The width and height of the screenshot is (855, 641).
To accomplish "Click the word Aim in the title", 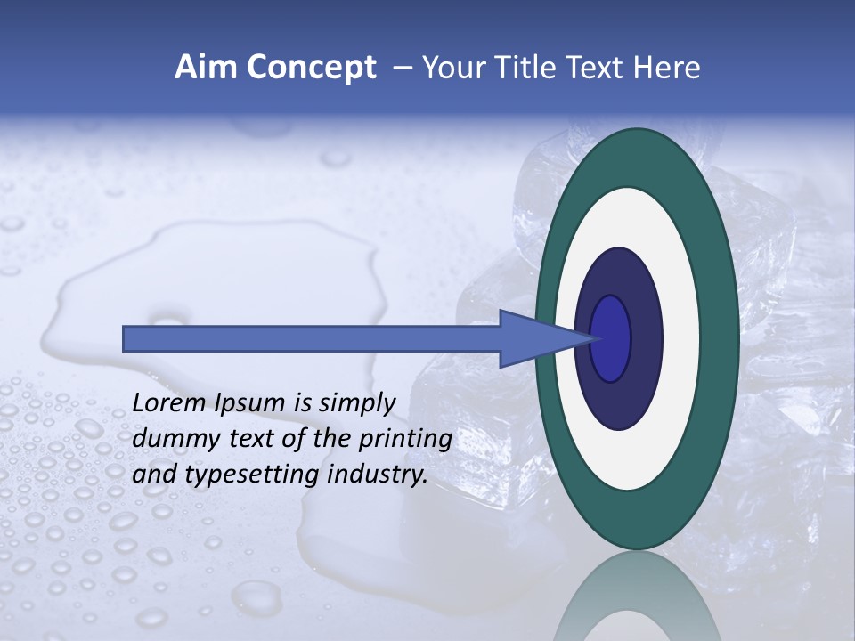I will (206, 68).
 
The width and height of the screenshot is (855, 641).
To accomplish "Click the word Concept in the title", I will (311, 69).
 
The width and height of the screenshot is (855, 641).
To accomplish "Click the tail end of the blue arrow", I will (126, 338).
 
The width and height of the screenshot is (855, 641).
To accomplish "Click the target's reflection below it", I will (636, 596).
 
